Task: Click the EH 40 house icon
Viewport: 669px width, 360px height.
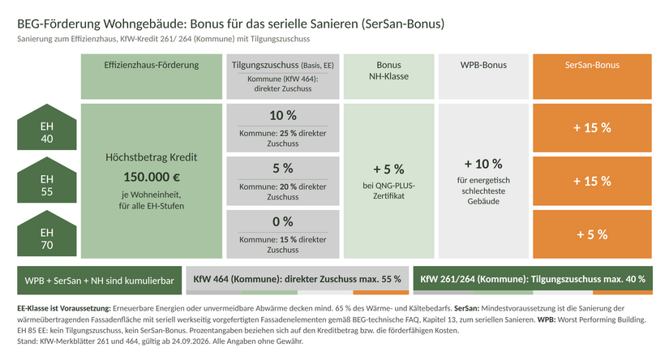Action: (x=47, y=128)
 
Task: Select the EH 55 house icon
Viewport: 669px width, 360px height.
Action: (x=47, y=181)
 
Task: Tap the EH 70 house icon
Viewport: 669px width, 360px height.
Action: (x=47, y=234)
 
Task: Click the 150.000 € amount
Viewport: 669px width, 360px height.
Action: (x=152, y=177)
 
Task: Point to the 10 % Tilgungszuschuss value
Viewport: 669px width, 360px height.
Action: (x=283, y=115)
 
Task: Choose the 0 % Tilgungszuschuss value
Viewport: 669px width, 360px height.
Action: (x=283, y=221)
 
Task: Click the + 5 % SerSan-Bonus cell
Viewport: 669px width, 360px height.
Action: (x=592, y=234)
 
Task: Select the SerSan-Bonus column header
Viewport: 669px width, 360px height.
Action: (x=592, y=76)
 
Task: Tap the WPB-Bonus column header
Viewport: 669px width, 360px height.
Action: (x=483, y=76)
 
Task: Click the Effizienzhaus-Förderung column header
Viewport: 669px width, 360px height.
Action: (x=152, y=76)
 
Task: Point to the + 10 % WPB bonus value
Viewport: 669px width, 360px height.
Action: (x=483, y=164)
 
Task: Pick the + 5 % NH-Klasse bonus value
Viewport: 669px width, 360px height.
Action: (x=388, y=169)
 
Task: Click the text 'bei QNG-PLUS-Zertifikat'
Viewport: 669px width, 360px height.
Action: (x=388, y=191)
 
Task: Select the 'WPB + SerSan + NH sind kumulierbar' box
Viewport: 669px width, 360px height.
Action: (x=100, y=281)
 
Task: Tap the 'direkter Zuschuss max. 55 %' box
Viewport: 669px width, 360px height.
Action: (x=298, y=281)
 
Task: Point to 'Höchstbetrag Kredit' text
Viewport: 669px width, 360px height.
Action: (x=152, y=157)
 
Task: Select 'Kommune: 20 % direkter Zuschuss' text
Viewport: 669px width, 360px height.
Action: (x=283, y=191)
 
